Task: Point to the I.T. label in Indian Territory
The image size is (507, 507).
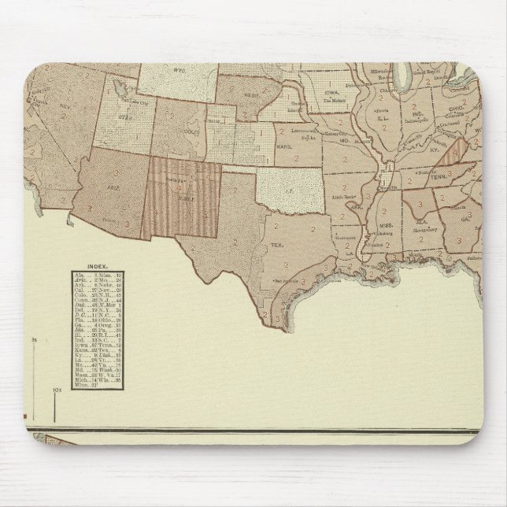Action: click(x=295, y=187)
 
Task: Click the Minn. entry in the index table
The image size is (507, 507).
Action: click(x=82, y=386)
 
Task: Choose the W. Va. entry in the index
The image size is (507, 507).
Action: click(x=110, y=379)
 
